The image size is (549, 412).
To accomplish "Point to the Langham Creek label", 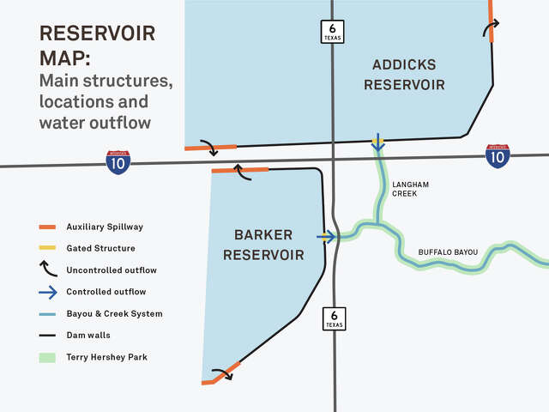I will click(409, 189).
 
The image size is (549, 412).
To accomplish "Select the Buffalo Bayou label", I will click(447, 251).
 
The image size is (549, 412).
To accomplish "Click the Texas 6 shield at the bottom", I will click(334, 318).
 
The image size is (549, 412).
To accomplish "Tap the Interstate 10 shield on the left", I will click(118, 161).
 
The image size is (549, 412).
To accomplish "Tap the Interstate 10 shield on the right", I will click(497, 155).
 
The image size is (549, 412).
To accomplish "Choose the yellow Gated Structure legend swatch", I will click(47, 248).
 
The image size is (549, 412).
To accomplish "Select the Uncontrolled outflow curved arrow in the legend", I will click(47, 270).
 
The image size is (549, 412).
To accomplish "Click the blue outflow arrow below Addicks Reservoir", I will click(377, 143).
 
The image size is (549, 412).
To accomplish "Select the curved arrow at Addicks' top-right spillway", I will click(491, 31).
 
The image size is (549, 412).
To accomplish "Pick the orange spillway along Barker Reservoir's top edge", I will click(239, 171).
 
